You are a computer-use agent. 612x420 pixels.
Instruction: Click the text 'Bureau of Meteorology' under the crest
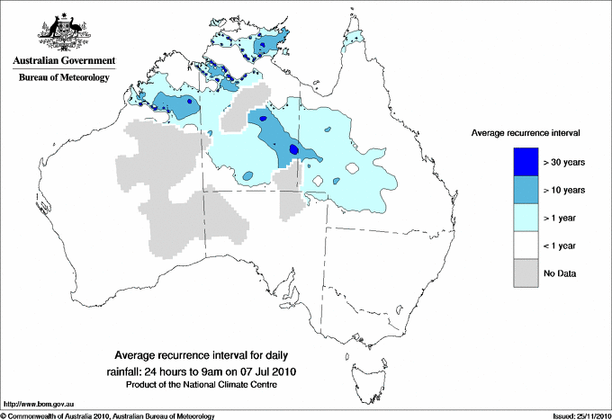[64, 78]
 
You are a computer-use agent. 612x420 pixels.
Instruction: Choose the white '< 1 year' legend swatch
[519, 245]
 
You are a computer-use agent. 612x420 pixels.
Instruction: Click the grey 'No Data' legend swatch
[519, 273]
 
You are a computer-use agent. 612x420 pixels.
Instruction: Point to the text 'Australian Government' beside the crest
[64, 61]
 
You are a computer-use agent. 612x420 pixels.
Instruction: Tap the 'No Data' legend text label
[560, 273]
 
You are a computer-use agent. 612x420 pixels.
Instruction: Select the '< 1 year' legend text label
[562, 246]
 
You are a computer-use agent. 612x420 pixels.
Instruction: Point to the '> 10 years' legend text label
[564, 190]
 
